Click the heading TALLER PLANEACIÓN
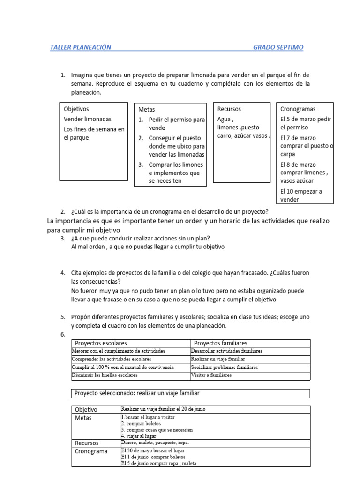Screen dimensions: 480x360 pyautogui.click(x=81, y=47)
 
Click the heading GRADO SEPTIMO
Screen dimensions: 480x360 pyautogui.click(x=278, y=47)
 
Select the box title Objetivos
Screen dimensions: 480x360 pyautogui.click(x=76, y=109)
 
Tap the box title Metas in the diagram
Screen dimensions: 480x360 pyautogui.click(x=147, y=109)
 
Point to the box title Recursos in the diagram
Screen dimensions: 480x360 pyautogui.click(x=229, y=109)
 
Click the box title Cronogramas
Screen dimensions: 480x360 pyautogui.click(x=298, y=109)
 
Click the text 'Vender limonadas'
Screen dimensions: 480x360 pyautogui.click(x=88, y=119)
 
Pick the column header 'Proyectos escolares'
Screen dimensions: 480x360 pyautogui.click(x=101, y=343)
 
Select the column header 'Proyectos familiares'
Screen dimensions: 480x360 pyautogui.click(x=220, y=343)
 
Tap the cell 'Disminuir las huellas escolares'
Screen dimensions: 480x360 pyautogui.click(x=105, y=375)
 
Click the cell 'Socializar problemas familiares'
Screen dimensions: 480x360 pyautogui.click(x=225, y=367)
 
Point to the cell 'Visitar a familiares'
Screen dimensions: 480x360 pyautogui.click(x=211, y=375)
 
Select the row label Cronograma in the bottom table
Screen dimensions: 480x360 pyautogui.click(x=91, y=451)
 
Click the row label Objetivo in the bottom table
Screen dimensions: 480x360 pyautogui.click(x=86, y=410)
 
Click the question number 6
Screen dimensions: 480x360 pyautogui.click(x=62, y=334)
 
